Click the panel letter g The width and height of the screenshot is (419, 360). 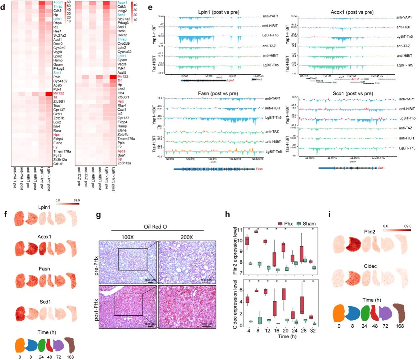pyautogui.click(x=98, y=215)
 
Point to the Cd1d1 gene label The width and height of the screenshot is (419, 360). pyautogui.click(x=58, y=164)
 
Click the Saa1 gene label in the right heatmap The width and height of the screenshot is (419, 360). pyautogui.click(x=122, y=155)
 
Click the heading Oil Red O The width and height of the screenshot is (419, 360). pyautogui.click(x=157, y=227)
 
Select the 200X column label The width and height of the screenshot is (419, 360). pyautogui.click(x=187, y=237)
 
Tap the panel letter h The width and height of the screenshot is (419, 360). pyautogui.click(x=227, y=215)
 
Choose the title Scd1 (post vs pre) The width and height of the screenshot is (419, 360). pyautogui.click(x=352, y=93)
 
